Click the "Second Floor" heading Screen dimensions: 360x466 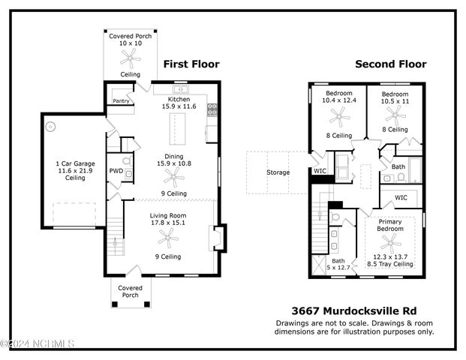click(390, 64)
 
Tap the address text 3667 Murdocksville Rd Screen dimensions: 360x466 click(353, 310)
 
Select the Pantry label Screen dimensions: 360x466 click(120, 100)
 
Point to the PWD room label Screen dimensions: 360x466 click(116, 171)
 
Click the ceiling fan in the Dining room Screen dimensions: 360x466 click(173, 177)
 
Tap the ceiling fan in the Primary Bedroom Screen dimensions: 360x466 click(389, 242)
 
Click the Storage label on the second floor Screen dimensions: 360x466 click(278, 172)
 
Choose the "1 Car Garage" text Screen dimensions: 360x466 click(74, 163)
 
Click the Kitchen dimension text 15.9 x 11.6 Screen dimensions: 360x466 click(179, 107)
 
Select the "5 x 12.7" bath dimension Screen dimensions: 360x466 click(339, 266)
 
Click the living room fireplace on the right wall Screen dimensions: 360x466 click(217, 237)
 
